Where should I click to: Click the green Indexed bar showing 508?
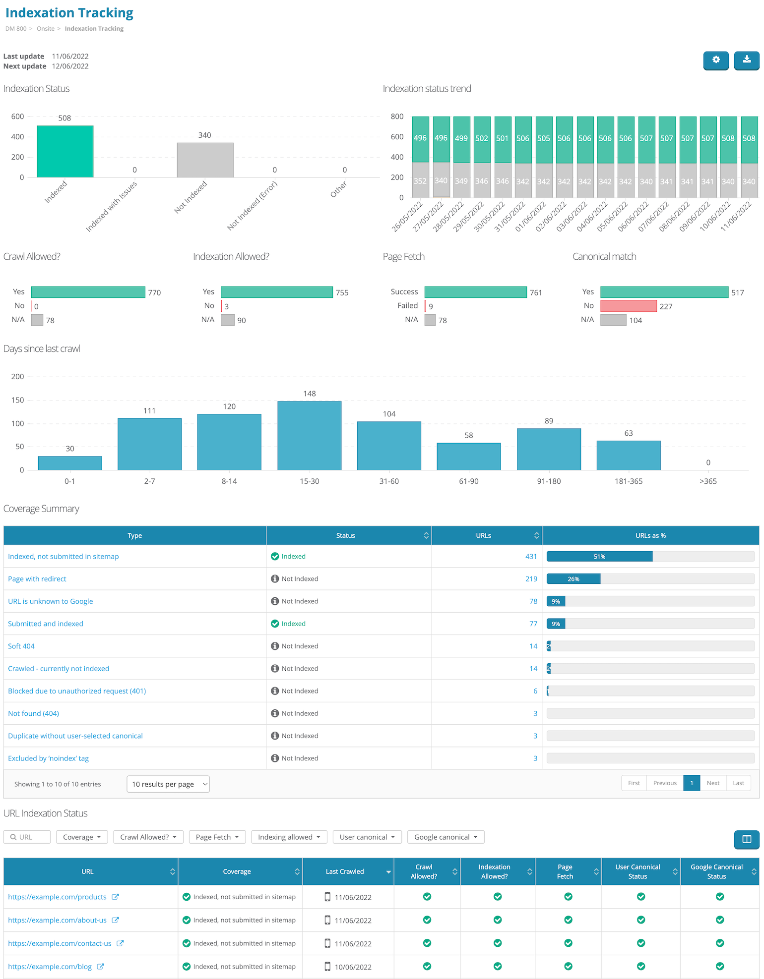(x=65, y=151)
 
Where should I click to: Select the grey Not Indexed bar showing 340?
(x=205, y=160)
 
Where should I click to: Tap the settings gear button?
(x=716, y=60)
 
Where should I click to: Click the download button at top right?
(x=747, y=60)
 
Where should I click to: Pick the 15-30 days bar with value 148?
(x=309, y=435)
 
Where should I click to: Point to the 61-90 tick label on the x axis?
(x=469, y=481)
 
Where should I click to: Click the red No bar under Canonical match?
(x=629, y=306)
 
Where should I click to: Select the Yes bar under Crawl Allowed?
(x=88, y=292)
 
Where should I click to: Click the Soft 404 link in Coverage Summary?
(x=21, y=646)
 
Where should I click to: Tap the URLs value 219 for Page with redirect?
(x=531, y=579)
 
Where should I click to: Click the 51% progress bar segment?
(x=600, y=557)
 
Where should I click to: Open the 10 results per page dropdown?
(x=168, y=784)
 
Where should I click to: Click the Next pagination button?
(x=713, y=783)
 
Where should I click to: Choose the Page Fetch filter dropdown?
(x=217, y=837)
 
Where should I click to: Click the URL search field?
(x=27, y=837)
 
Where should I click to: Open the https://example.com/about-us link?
(x=58, y=920)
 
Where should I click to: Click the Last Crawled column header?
(x=345, y=871)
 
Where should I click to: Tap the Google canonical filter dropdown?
(x=446, y=837)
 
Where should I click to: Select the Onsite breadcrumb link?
(x=46, y=29)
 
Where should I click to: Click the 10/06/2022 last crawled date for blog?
(x=353, y=967)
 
